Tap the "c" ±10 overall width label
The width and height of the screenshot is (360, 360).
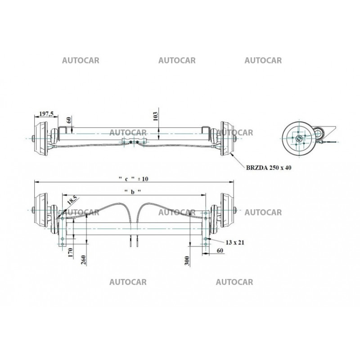(x=133, y=179)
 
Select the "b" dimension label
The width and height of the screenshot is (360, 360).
(x=133, y=191)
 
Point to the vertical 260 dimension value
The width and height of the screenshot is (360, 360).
(x=83, y=261)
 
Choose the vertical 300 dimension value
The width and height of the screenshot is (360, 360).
(x=186, y=260)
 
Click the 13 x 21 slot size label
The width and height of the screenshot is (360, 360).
(x=235, y=243)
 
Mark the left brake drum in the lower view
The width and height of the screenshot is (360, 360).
(x=42, y=211)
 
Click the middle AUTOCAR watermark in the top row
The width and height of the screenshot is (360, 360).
(x=177, y=61)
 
